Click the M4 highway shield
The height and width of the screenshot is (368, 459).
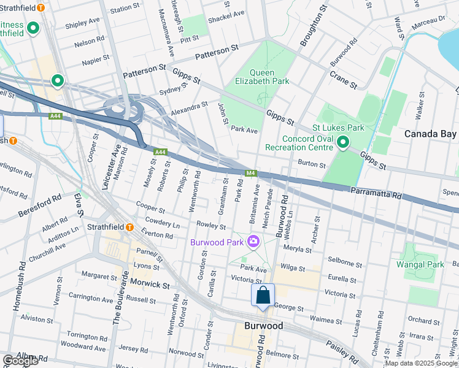250,173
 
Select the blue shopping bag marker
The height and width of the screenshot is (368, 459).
263,295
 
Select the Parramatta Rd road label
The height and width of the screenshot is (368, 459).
376,192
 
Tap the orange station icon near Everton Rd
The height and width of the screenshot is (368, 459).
130,226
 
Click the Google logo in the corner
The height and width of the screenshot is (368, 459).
20,361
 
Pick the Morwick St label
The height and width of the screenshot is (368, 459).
148,285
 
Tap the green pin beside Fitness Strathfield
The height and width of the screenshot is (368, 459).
33,28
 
